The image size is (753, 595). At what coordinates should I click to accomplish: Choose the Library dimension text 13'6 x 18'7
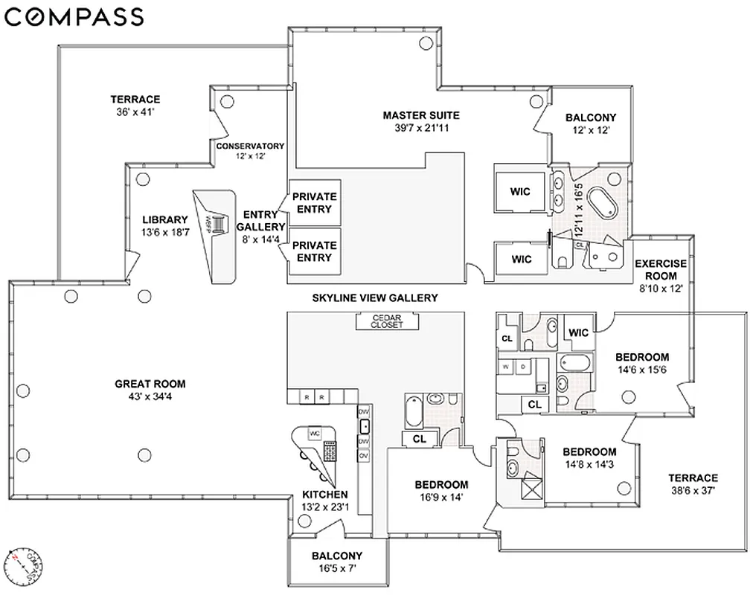tap(164, 231)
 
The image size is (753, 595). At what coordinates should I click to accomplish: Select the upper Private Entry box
tap(314, 202)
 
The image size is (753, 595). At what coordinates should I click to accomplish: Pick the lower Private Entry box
tap(314, 251)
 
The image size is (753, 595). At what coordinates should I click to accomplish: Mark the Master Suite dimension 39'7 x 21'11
tap(421, 127)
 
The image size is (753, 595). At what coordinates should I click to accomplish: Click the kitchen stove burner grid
tap(328, 451)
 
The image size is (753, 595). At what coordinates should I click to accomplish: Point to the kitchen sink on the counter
tap(365, 425)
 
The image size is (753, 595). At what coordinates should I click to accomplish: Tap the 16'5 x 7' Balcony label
tap(337, 562)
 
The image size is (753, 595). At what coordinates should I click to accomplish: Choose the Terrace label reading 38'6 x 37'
tap(692, 484)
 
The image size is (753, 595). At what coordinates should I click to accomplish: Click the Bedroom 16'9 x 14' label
tap(441, 491)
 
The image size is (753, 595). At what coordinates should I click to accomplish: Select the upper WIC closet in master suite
tap(520, 191)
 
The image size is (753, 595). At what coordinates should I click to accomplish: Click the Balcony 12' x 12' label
tap(591, 123)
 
